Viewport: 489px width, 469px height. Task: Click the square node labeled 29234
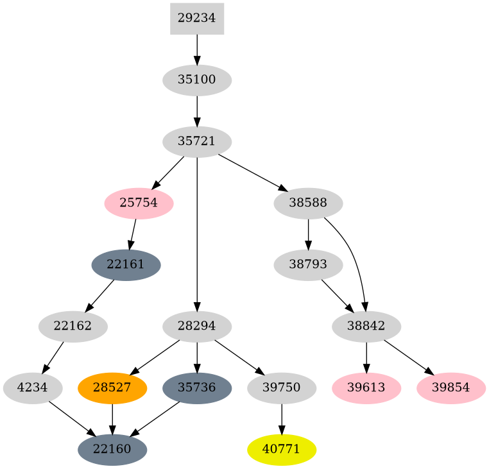196,19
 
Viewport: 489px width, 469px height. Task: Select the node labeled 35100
196,80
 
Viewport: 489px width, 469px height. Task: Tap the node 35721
196,142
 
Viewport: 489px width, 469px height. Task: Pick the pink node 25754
139,203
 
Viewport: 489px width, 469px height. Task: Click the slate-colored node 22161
126,265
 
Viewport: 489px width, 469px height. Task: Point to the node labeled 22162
73,327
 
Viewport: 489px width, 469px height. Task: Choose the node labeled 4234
33,388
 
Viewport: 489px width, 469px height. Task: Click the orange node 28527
112,388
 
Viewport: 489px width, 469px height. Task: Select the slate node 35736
196,388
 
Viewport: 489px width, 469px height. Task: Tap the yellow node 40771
281,450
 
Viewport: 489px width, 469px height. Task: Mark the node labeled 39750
281,388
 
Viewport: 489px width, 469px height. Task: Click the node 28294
196,327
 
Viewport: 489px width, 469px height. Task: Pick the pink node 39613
366,388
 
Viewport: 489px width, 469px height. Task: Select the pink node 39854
450,388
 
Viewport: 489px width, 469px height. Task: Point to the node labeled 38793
308,265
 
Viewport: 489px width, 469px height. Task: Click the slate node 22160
112,450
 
